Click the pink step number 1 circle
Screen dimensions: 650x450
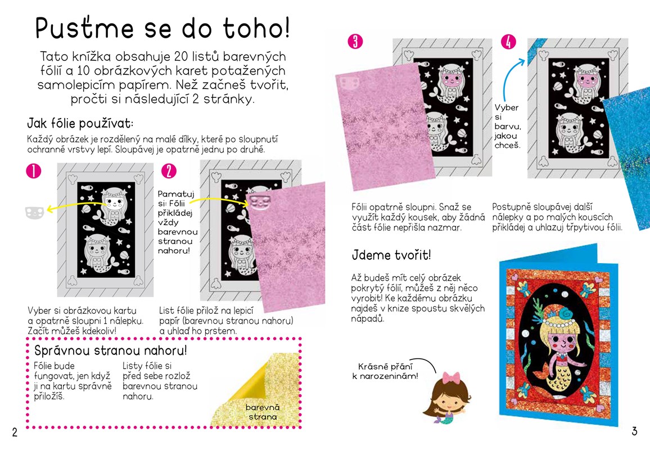34,171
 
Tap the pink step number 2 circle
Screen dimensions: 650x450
169,171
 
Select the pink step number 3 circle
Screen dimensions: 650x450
355,41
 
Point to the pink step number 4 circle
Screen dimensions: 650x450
509,42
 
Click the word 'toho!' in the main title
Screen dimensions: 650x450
256,28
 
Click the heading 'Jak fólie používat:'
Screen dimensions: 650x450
80,123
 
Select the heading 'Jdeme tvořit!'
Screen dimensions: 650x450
391,254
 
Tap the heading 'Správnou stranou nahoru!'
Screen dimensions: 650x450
110,350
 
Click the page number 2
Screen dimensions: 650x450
15,432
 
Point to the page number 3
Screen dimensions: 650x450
634,431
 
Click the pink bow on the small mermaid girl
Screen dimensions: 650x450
451,378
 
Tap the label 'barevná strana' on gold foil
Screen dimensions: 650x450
263,412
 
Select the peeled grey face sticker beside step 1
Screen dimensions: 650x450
34,213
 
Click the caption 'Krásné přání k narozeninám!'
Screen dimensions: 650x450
385,371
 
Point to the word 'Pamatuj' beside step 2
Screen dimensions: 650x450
176,193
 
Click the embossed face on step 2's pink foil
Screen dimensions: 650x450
260,201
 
